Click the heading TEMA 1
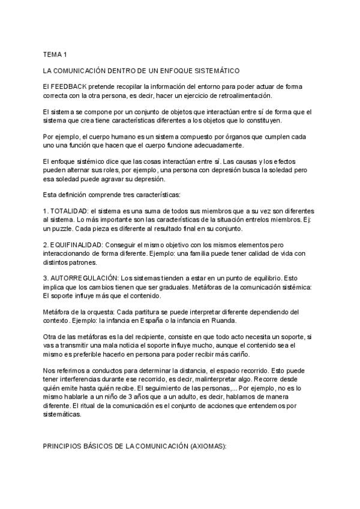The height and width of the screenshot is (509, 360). (x=55, y=55)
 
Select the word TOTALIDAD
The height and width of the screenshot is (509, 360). (x=68, y=211)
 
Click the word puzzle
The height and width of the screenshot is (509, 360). (x=63, y=229)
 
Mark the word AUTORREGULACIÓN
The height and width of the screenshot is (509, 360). (x=83, y=278)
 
